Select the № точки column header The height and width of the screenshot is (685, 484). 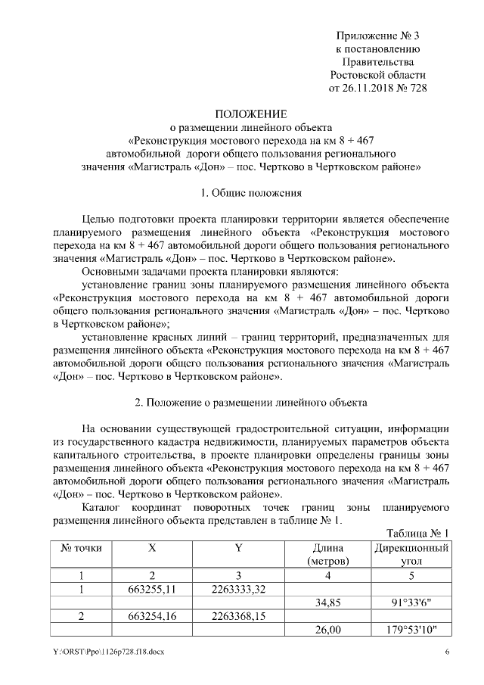click(80, 547)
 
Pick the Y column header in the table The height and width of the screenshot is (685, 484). click(237, 547)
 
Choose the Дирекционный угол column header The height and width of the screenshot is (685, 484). click(411, 554)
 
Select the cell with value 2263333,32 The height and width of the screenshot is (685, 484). click(237, 588)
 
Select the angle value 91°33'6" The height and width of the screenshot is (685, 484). click(411, 602)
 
